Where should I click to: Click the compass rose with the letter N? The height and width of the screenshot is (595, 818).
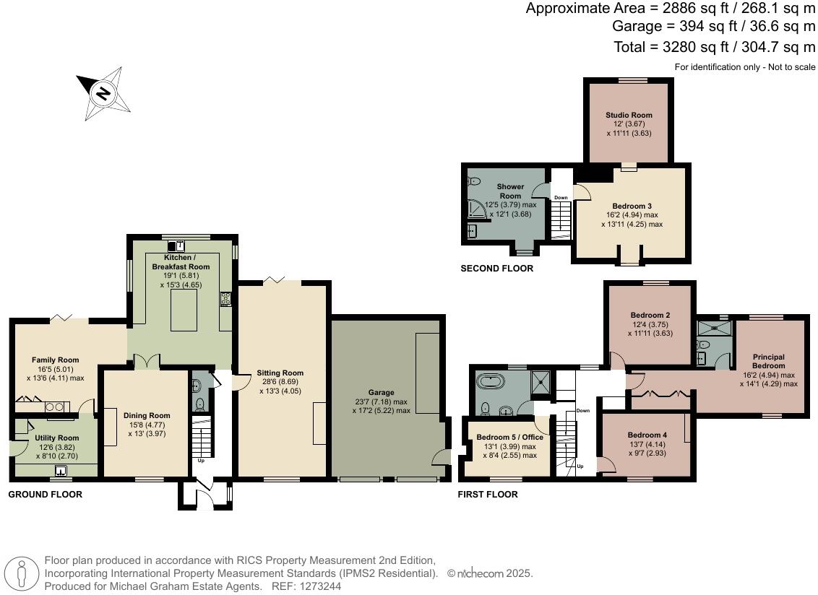(104, 93)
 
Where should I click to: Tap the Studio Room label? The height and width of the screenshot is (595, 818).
(629, 115)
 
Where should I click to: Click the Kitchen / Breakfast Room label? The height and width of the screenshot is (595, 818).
(181, 262)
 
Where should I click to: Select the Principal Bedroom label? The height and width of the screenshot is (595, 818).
(767, 361)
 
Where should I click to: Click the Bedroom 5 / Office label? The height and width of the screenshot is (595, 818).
(509, 438)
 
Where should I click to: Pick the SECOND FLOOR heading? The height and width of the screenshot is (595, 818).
(496, 269)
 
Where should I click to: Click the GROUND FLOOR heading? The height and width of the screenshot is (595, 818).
(45, 495)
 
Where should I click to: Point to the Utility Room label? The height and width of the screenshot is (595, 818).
(56, 438)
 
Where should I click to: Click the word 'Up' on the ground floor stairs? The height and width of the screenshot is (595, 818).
(201, 460)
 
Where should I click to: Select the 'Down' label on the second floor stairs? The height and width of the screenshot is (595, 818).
(560, 197)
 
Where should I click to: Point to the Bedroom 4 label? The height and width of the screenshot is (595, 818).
(647, 435)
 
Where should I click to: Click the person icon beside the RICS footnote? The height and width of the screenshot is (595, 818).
(24, 574)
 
